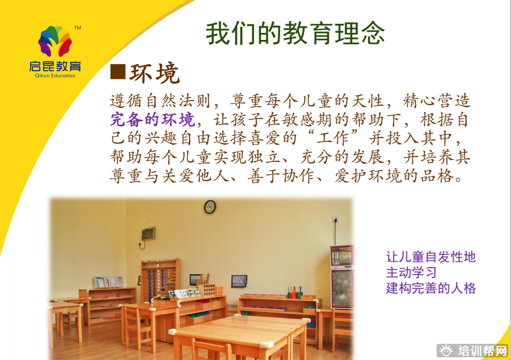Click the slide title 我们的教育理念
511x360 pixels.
[295, 33]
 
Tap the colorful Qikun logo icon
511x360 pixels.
[55, 41]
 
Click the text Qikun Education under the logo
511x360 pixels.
[55, 76]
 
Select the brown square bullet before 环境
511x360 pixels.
[118, 72]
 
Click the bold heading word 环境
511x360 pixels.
[155, 73]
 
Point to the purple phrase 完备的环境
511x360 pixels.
[153, 120]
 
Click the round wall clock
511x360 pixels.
[210, 207]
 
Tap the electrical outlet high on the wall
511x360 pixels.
[336, 220]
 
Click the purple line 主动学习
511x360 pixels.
[411, 273]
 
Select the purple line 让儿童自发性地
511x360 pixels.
[431, 257]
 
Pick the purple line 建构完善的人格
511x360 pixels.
[431, 288]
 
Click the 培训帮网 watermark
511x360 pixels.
[473, 351]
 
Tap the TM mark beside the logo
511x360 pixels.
[78, 28]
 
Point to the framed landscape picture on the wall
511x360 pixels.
[239, 281]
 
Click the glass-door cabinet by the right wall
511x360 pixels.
[342, 277]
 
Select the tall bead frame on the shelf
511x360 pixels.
[160, 280]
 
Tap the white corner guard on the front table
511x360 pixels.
[266, 344]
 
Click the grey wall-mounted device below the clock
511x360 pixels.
[148, 234]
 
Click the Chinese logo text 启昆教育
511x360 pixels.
[55, 66]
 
